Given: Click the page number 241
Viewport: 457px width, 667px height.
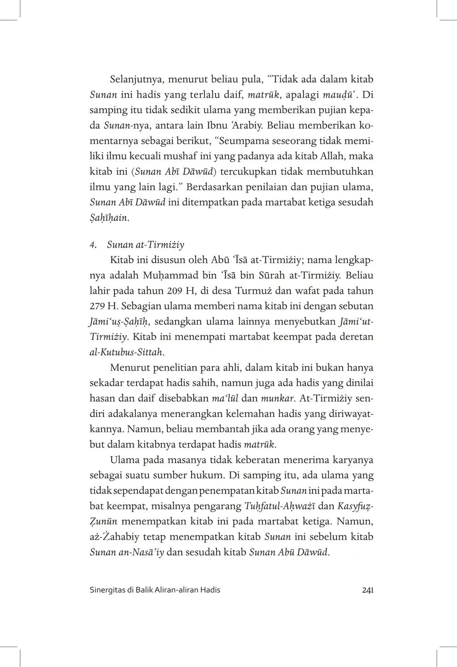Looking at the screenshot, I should pyautogui.click(x=367, y=590).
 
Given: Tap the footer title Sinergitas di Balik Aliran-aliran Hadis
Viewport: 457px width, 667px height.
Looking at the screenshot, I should pyautogui.click(x=155, y=590).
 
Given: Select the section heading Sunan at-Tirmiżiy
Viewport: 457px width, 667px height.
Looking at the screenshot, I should pyautogui.click(x=146, y=244).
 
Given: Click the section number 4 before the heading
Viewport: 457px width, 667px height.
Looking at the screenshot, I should pyautogui.click(x=92, y=244).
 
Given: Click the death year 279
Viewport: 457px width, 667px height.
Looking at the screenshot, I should pyautogui.click(x=98, y=306).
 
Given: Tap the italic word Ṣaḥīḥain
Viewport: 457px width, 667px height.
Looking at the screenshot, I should pyautogui.click(x=109, y=218).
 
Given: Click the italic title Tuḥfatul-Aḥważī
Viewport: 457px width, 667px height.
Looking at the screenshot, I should pyautogui.click(x=279, y=506).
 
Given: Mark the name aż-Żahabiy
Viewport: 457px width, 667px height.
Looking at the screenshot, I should pyautogui.click(x=113, y=537).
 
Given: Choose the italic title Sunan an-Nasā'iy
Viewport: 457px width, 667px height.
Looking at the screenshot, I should pyautogui.click(x=127, y=552).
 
